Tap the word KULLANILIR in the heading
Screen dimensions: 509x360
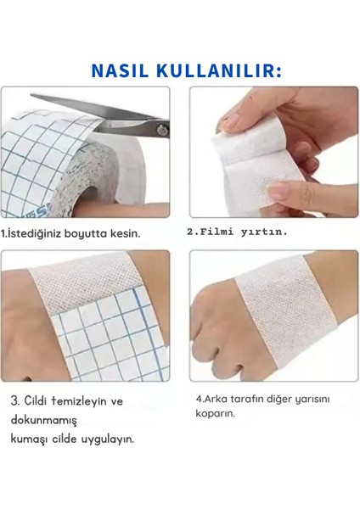pos(215,70)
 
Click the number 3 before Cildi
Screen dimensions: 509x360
pos(15,400)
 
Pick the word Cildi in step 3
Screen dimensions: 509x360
pos(38,400)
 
